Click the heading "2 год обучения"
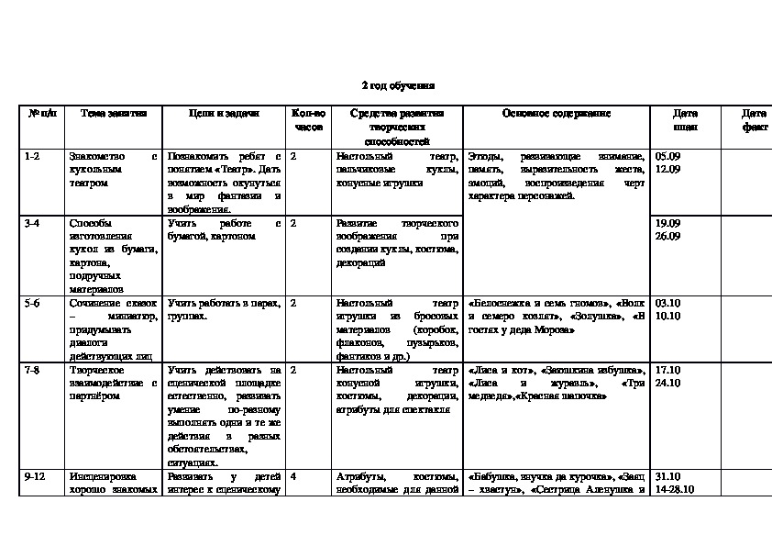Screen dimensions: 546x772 397,85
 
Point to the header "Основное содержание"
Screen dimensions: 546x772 556,113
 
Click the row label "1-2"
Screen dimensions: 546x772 32,156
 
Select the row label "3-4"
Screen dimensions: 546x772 32,223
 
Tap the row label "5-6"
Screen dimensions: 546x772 32,302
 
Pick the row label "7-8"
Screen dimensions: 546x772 32,369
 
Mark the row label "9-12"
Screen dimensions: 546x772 34,477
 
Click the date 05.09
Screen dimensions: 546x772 668,156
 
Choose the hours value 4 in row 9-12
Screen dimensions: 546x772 293,477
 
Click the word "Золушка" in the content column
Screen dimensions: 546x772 594,316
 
